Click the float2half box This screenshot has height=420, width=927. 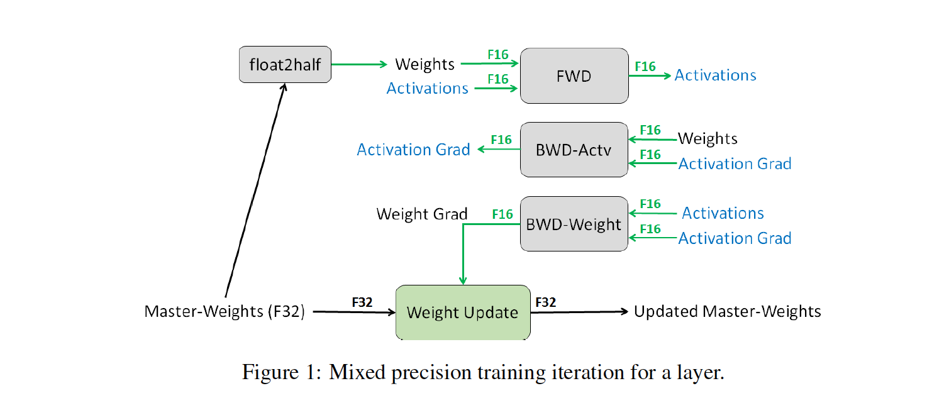click(285, 65)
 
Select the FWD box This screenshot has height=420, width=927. click(574, 75)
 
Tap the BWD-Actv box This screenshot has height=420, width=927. click(574, 150)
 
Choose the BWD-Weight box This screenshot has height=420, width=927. click(574, 224)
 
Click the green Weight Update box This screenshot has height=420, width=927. click(462, 312)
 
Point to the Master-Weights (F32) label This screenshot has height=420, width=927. click(225, 311)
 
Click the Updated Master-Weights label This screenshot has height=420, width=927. click(727, 311)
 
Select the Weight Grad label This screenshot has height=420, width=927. click(422, 214)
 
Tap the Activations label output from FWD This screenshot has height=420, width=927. click(715, 75)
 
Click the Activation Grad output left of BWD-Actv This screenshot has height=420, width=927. click(413, 150)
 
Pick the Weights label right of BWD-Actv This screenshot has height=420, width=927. click(708, 138)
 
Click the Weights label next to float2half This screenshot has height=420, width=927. click(425, 64)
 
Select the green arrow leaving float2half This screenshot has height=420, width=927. click(358, 64)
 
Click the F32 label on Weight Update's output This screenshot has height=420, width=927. click(545, 302)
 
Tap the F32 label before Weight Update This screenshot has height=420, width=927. click(362, 302)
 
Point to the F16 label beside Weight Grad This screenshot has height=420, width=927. click(502, 214)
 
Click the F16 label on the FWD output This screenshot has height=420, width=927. click(645, 66)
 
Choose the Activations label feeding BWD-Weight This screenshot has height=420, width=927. click(723, 213)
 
